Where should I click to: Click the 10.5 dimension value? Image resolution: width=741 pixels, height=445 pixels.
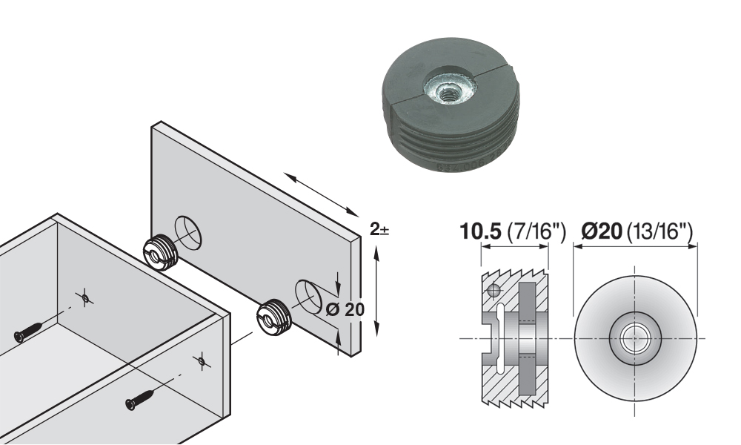click(x=479, y=231)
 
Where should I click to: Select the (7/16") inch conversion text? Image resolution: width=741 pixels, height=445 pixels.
click(x=536, y=231)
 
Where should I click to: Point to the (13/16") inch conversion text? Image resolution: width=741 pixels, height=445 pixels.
click(x=659, y=231)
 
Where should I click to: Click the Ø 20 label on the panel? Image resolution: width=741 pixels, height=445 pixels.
click(x=345, y=310)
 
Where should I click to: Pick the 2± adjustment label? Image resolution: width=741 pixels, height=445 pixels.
click(x=379, y=230)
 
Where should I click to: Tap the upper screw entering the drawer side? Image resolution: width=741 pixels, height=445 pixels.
click(x=29, y=332)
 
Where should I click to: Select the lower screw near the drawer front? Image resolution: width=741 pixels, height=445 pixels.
click(x=140, y=399)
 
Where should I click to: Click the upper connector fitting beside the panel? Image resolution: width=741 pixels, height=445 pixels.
click(x=161, y=251)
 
